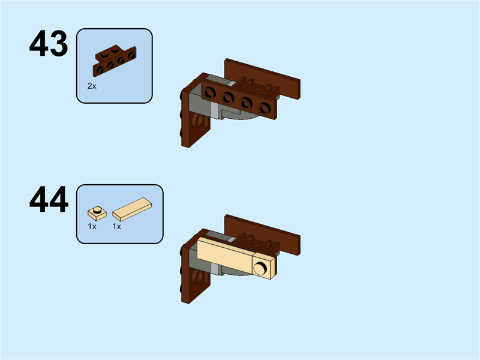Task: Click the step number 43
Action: tap(49, 44)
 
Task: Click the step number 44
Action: tap(49, 200)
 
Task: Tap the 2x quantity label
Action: tap(92, 86)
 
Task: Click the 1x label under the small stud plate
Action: tap(92, 227)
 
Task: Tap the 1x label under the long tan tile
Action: tap(116, 227)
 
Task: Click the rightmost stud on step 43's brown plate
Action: tap(264, 108)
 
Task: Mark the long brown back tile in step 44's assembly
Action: tap(264, 231)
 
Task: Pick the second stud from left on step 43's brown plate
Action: tap(228, 98)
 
